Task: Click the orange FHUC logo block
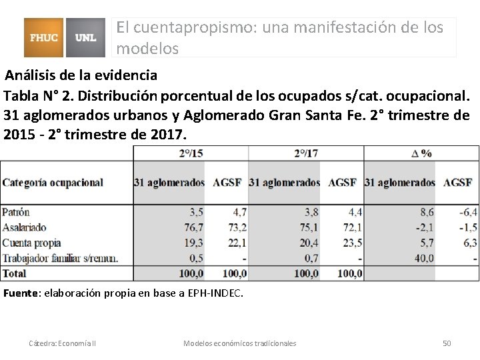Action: click(x=45, y=37)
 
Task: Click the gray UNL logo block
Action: click(x=86, y=37)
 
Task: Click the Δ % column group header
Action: click(x=421, y=153)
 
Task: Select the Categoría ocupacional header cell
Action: click(x=53, y=182)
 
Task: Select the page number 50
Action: click(x=447, y=343)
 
